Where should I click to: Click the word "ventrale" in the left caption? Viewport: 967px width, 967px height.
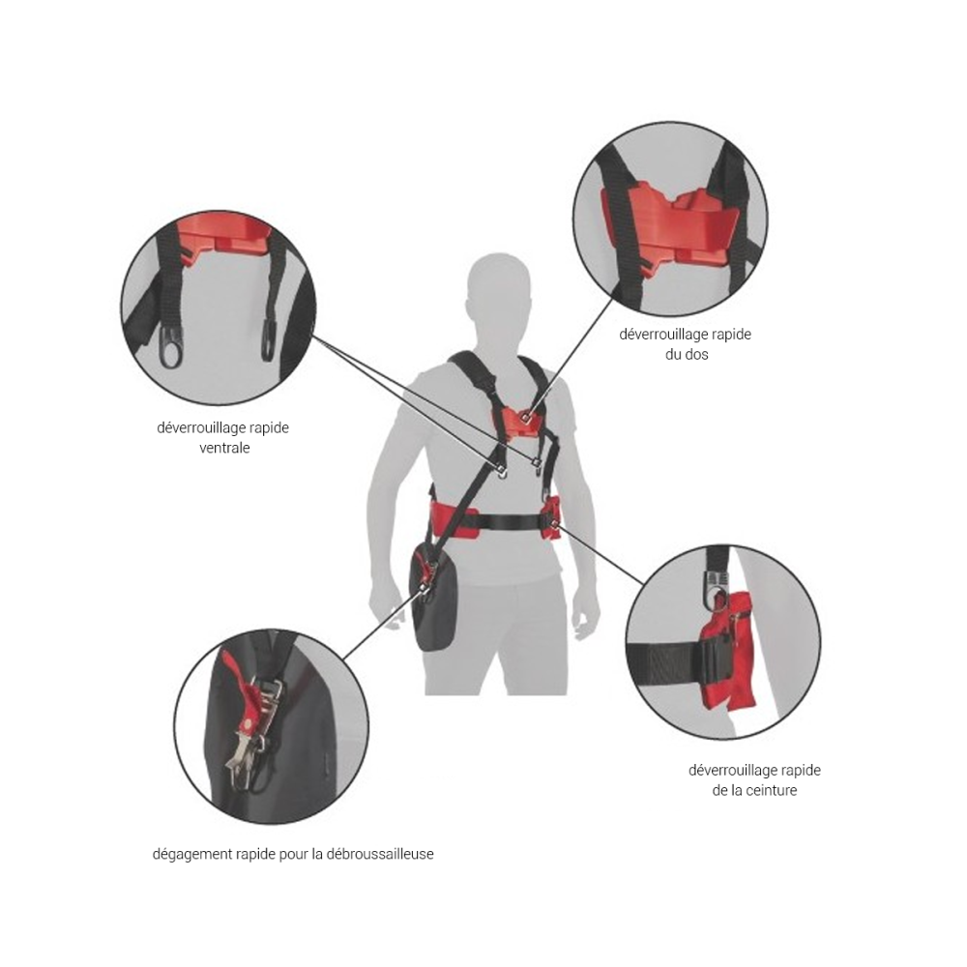click(224, 448)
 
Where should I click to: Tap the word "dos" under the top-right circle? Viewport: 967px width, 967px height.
click(697, 355)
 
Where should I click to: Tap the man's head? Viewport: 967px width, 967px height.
click(498, 288)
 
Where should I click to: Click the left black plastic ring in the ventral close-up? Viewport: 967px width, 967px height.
click(171, 346)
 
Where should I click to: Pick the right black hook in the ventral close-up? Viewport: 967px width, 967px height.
click(269, 339)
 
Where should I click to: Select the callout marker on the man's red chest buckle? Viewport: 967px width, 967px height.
click(525, 418)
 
